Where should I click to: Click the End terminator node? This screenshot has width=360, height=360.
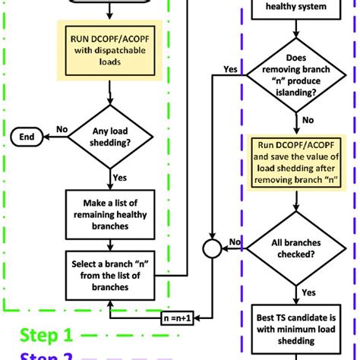[26, 137]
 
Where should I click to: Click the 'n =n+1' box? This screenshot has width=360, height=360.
[177, 319]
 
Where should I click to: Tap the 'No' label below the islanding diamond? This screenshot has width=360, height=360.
[308, 119]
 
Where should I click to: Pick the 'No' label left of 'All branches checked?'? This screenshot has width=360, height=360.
[237, 242]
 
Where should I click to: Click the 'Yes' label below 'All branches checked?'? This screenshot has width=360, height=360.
[309, 291]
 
